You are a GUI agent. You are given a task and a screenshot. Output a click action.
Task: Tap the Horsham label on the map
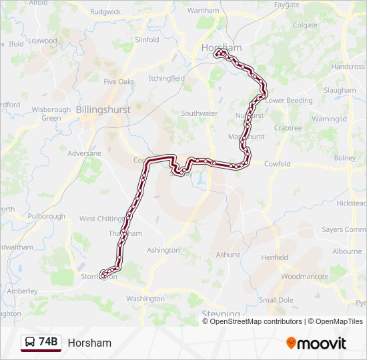[x=222, y=48]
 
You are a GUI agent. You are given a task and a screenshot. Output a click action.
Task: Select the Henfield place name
[x=274, y=257]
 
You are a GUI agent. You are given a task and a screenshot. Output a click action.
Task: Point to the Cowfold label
[x=277, y=164]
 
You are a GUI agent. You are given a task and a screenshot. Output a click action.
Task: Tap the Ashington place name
[x=163, y=250]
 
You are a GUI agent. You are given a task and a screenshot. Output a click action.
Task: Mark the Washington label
[x=145, y=299]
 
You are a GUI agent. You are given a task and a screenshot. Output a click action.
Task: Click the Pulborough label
[x=47, y=216]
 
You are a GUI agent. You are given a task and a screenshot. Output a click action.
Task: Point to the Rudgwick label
[x=105, y=11]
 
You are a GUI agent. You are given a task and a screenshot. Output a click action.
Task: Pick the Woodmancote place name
[x=304, y=276]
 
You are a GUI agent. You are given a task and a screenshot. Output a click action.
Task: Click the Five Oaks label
[x=119, y=81]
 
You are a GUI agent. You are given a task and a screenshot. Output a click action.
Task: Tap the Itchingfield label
[x=166, y=78]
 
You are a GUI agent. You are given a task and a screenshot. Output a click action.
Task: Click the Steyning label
[x=221, y=314]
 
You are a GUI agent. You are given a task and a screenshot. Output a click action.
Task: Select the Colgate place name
[x=304, y=25]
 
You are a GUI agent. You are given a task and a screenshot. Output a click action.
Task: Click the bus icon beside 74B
[x=30, y=343]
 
